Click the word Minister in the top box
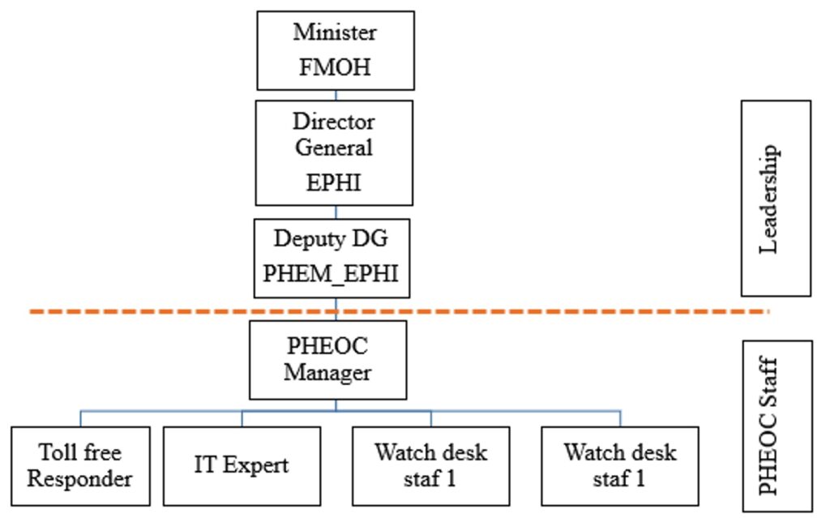click(335, 33)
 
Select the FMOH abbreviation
click(335, 66)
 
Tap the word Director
click(334, 122)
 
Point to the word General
click(334, 148)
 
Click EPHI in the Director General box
click(334, 183)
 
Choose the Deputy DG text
click(331, 239)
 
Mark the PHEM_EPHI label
click(331, 272)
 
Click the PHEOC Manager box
click(327, 359)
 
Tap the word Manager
click(327, 373)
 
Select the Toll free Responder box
click(79, 465)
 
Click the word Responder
click(79, 478)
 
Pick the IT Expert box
click(242, 465)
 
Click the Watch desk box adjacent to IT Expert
click(430, 465)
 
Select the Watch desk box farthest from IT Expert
click(619, 465)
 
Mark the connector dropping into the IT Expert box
click(242, 418)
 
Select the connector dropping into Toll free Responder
click(80, 418)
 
